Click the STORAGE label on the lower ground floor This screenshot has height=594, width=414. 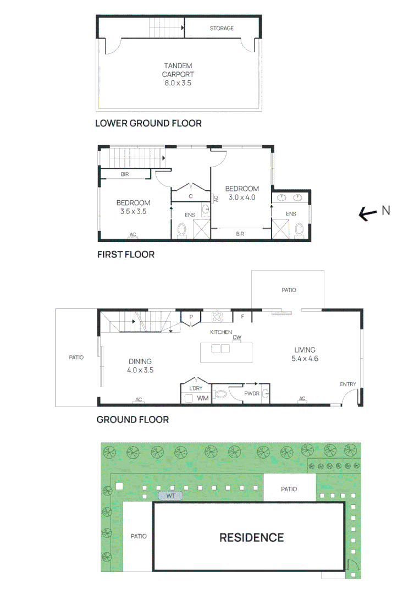(222, 29)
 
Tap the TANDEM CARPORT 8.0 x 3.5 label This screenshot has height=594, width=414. (178, 74)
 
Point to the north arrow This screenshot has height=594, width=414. (368, 214)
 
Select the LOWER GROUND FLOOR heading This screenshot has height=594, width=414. (148, 123)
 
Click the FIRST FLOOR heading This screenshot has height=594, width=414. (126, 255)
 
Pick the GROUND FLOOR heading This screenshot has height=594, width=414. (133, 419)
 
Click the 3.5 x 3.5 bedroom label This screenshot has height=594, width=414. (133, 207)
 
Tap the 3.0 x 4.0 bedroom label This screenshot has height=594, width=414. (242, 193)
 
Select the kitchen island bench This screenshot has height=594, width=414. (226, 353)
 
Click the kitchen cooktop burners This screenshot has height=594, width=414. (217, 316)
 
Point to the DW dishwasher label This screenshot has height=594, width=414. (237, 337)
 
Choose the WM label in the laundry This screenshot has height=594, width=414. (203, 398)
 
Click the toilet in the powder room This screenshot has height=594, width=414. (220, 394)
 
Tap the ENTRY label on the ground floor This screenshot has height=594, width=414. (347, 384)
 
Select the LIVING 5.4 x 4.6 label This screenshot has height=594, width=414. (305, 354)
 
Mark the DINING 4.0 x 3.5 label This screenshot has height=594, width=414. (140, 366)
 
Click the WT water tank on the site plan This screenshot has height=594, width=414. (170, 496)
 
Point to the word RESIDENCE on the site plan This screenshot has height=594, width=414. (251, 537)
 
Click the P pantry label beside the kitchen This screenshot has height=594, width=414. (191, 317)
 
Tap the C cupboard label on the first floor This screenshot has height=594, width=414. (191, 196)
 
